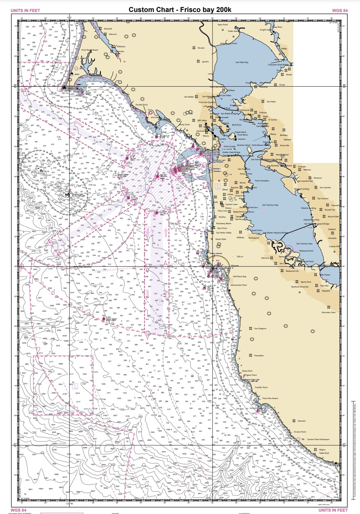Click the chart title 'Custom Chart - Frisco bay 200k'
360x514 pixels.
(180, 10)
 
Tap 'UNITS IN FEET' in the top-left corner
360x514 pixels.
(25, 11)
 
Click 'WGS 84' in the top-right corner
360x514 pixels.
(340, 11)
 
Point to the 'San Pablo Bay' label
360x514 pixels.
(242, 62)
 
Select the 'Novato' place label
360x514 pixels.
(201, 48)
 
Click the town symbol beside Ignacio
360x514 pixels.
(198, 62)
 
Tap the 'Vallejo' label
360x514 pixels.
(284, 49)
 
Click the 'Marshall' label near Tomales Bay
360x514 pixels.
(108, 29)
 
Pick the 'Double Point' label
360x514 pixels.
(141, 105)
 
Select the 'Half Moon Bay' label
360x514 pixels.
(240, 277)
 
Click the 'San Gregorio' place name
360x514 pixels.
(260, 329)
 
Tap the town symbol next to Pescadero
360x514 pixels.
(250, 355)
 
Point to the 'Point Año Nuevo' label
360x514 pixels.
(270, 398)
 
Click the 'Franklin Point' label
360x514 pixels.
(261, 387)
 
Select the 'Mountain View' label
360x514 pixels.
(329, 312)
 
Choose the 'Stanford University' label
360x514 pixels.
(300, 287)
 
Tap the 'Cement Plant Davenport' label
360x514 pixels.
(318, 439)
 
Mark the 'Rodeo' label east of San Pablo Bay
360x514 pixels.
(289, 75)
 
